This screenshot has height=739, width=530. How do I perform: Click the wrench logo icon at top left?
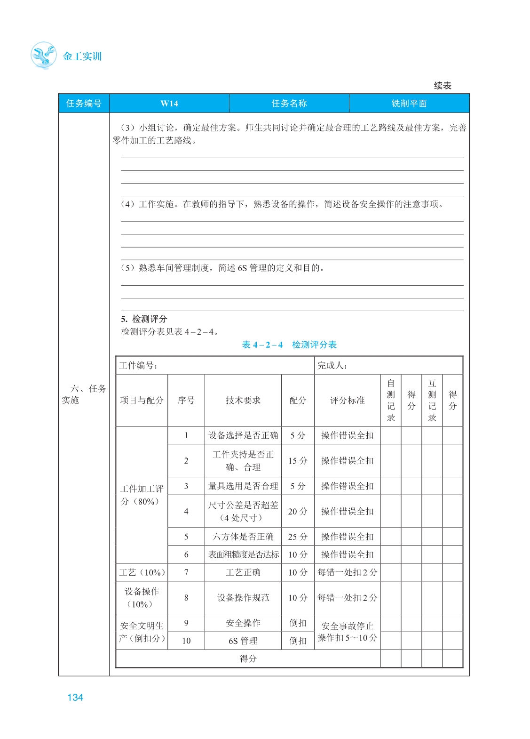(43, 55)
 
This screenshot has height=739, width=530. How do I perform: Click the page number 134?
(75, 698)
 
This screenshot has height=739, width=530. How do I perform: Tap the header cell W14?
(169, 104)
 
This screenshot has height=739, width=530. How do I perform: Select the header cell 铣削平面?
(409, 104)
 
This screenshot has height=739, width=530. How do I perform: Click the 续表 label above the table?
(443, 86)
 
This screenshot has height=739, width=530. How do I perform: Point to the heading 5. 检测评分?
(144, 319)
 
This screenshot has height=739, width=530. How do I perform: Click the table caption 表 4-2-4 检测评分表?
(289, 345)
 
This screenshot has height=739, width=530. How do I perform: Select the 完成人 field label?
(332, 365)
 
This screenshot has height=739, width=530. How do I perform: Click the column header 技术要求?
(243, 400)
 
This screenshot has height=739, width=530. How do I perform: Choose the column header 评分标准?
(347, 400)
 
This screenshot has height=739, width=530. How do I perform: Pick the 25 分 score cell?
(298, 537)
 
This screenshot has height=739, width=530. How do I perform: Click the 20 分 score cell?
(298, 511)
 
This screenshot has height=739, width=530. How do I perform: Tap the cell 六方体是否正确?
(243, 537)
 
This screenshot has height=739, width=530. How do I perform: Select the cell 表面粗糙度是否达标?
(243, 554)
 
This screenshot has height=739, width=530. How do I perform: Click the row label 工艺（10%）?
(142, 572)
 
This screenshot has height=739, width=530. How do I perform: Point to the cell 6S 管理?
(243, 641)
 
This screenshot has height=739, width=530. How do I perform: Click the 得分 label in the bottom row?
(248, 659)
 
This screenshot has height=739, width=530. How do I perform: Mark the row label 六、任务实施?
(84, 394)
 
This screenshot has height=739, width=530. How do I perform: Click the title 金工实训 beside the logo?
(82, 56)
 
